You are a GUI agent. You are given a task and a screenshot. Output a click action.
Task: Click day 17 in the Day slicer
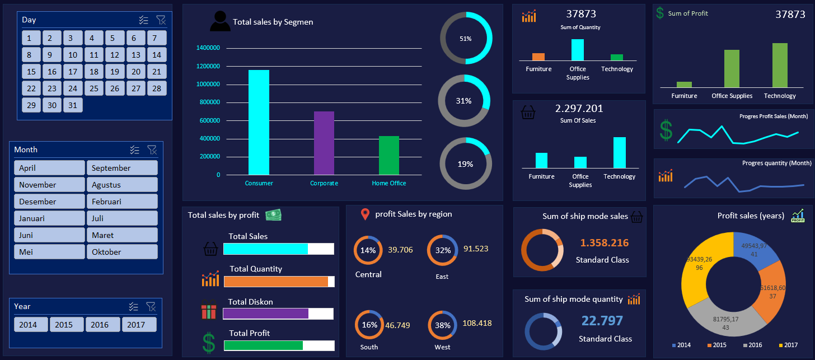73,72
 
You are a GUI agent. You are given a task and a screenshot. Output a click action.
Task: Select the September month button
122,168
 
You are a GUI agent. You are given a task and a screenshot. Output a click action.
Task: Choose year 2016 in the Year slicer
103,325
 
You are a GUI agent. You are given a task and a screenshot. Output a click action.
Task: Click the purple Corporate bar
324,143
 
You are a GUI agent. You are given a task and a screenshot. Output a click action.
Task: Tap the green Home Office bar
389,155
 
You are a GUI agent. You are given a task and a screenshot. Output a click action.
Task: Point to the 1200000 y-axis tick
208,67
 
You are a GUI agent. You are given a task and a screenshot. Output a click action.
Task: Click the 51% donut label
466,39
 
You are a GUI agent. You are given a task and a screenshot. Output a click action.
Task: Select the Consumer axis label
259,183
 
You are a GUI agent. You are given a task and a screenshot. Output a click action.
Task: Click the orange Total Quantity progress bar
275,282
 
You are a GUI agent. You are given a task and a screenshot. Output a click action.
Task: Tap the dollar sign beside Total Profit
209,343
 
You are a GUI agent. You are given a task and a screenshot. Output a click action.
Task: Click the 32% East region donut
443,250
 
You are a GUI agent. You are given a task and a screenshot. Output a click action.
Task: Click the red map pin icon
365,214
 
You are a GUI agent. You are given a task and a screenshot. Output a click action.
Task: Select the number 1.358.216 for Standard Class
604,243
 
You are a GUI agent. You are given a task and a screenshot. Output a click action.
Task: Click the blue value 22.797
602,321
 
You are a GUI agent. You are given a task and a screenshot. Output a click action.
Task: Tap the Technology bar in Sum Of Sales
619,152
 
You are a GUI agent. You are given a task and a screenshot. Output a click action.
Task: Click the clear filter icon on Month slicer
152,149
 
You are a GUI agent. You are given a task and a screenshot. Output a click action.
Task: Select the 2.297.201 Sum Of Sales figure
579,109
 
